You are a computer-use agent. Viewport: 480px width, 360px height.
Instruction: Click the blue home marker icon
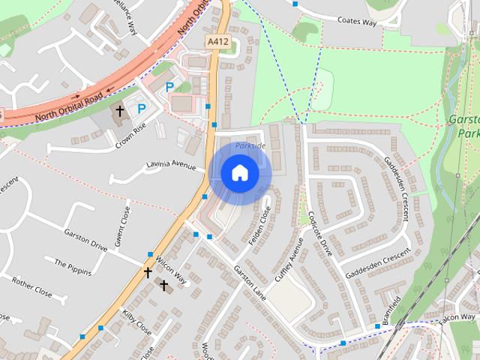click(239, 173)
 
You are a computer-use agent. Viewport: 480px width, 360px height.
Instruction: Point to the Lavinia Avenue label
click(171, 164)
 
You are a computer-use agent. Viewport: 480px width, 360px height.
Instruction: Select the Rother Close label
click(32, 289)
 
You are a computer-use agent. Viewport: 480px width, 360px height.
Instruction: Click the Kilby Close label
click(136, 323)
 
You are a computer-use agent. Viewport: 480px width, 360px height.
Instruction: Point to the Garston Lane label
click(250, 280)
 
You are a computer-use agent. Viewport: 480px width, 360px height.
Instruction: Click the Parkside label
click(250, 145)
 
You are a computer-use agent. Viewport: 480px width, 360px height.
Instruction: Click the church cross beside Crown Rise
click(120, 111)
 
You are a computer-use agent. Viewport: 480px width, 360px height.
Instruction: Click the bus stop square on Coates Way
click(295, 4)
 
